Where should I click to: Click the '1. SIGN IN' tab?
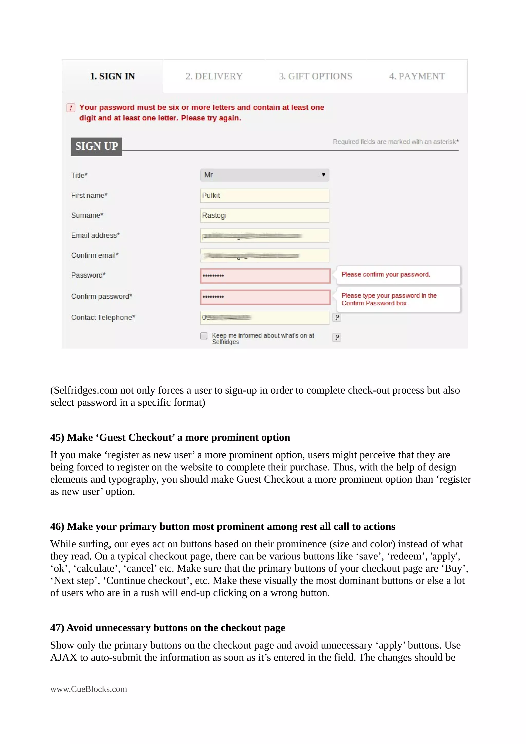112,77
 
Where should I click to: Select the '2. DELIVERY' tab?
214,77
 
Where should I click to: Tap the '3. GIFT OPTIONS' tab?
315,77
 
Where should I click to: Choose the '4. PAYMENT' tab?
417,77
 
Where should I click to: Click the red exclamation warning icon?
71,108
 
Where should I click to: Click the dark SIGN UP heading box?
97,147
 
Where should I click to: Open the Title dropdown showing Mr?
265,175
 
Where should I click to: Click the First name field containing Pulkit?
265,195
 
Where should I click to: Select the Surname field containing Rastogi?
265,215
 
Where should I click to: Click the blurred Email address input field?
265,236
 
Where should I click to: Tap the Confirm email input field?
265,255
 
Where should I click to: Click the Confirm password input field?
265,297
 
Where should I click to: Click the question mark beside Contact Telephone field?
337,318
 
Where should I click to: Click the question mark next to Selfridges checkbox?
337,337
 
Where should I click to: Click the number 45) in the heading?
57,437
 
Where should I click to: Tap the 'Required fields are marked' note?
395,142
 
